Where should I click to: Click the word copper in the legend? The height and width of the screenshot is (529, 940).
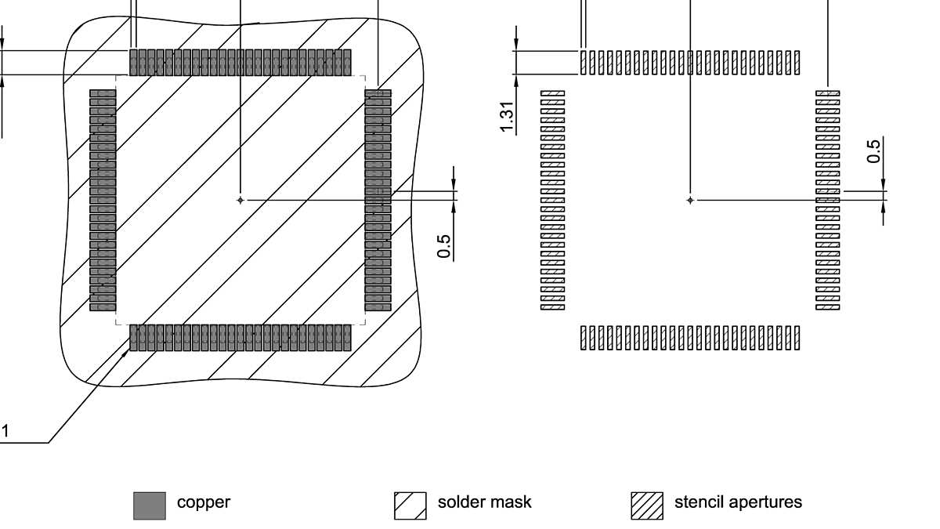[x=204, y=502]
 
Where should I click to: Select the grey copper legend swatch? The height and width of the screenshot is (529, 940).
[x=149, y=505]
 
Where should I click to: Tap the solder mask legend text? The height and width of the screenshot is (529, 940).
[x=484, y=502]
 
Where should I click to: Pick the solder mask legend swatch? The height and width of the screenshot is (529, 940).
[x=410, y=505]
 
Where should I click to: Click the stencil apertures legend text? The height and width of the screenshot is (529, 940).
[x=738, y=502]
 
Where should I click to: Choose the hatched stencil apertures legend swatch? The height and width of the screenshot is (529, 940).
[x=647, y=505]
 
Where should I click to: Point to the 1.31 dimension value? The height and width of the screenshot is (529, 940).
[x=509, y=118]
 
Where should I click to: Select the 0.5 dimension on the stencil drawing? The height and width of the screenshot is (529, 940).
[x=874, y=150]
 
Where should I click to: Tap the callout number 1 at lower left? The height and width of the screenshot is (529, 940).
[x=5, y=431]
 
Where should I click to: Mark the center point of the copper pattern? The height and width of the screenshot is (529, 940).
[x=240, y=201]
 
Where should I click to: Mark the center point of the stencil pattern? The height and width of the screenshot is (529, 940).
[x=690, y=201]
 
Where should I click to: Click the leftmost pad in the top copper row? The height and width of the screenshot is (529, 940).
[x=133, y=63]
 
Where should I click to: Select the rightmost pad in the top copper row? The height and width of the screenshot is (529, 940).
[x=347, y=63]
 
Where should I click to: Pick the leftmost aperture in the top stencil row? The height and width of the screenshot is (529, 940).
[x=584, y=63]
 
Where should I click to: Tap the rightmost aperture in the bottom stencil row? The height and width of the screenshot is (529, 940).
[x=797, y=338]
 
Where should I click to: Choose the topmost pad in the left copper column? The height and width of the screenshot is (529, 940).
[x=103, y=93]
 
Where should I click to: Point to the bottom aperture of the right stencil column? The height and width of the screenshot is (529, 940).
[x=828, y=307]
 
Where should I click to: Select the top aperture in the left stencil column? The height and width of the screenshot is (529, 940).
[x=553, y=93]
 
